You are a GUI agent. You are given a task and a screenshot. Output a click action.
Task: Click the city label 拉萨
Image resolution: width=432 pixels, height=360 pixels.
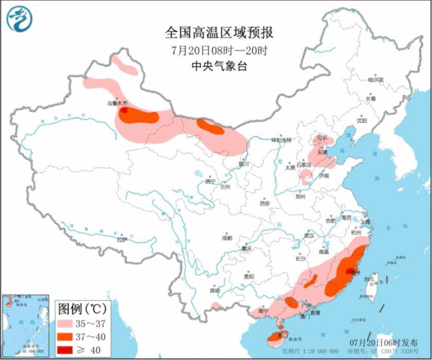point(121,239)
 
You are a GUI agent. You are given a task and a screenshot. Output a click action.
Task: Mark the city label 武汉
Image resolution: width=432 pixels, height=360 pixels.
point(310,235)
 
